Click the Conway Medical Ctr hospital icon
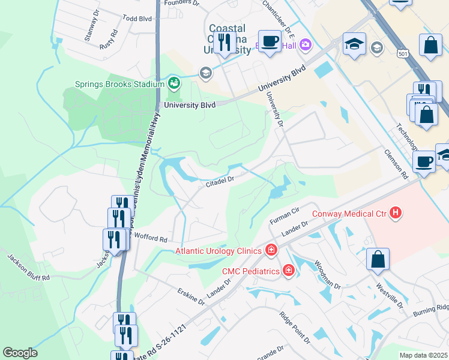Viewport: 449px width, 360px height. [396, 212]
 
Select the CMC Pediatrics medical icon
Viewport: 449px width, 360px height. [289, 271]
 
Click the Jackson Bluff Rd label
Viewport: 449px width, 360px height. [29, 268]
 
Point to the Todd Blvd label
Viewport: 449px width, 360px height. [137, 19]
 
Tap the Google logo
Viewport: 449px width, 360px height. [20, 353]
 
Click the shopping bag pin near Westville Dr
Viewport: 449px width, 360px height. [378, 259]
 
